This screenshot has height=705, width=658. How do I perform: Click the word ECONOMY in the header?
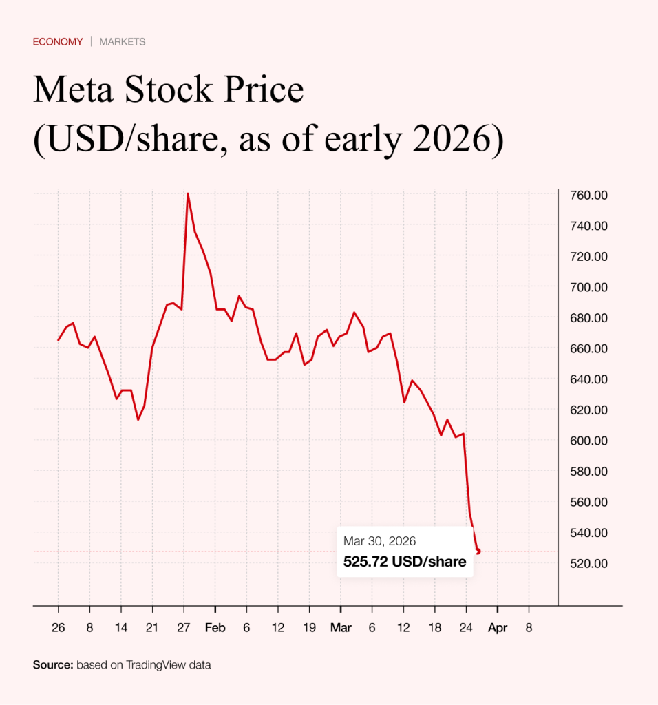tap(58, 42)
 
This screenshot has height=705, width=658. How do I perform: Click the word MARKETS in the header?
tap(123, 42)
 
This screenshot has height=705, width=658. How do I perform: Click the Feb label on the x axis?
tap(215, 628)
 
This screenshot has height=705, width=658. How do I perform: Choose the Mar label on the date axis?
tap(340, 628)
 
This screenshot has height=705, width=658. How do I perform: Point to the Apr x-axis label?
tap(498, 628)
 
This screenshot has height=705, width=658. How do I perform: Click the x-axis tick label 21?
tap(152, 628)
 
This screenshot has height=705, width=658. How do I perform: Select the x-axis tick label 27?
tap(184, 628)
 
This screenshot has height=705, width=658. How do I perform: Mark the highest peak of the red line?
tap(187, 193)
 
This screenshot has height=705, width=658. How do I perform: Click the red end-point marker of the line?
tap(478, 551)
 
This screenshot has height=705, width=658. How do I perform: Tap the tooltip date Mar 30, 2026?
tap(380, 542)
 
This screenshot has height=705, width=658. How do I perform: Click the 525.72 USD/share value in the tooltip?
tap(405, 562)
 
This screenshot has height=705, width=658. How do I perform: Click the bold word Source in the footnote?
tap(52, 665)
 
